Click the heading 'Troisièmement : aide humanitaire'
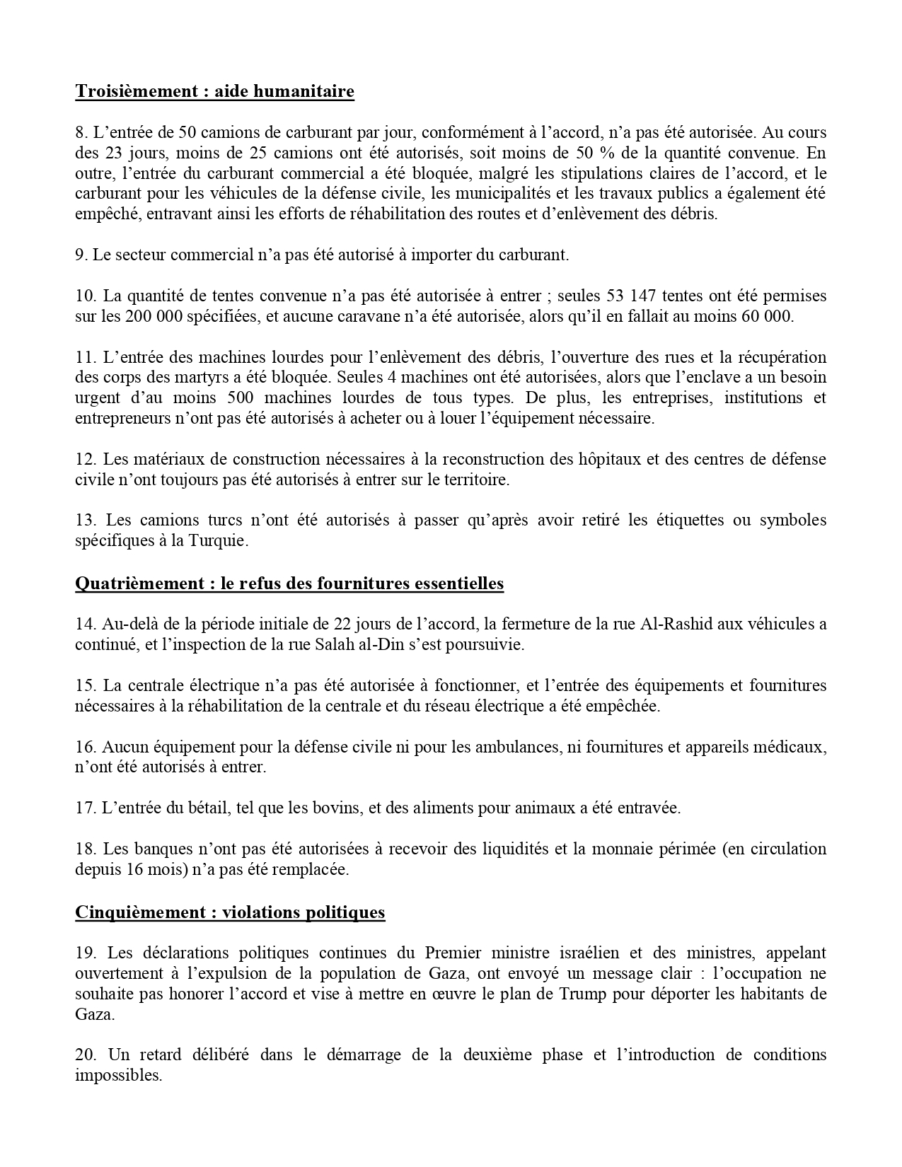coord(214,91)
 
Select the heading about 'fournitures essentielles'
coord(289,583)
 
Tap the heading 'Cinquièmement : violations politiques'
coord(230,912)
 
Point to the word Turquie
coord(224,541)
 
